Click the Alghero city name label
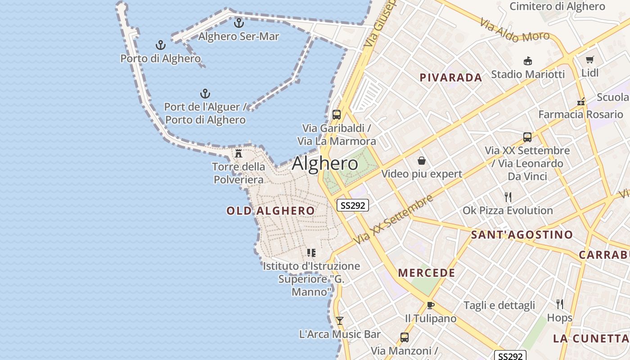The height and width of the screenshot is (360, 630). [325, 163]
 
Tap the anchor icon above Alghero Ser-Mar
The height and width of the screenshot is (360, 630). [239, 22]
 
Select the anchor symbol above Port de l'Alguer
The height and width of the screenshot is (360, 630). [205, 94]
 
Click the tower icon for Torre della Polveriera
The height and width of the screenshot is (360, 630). [238, 153]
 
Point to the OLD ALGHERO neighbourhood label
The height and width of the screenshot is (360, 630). [270, 211]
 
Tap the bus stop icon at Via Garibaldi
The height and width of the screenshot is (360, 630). [337, 114]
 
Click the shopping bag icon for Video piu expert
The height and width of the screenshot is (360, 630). [422, 161]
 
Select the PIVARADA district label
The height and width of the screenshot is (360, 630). [451, 77]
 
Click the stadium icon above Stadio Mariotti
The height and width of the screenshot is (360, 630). [527, 61]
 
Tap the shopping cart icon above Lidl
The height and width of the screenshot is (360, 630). [590, 59]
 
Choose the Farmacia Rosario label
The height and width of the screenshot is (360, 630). [580, 114]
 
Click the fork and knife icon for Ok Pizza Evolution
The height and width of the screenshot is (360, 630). [508, 197]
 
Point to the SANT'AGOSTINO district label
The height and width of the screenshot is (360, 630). [522, 234]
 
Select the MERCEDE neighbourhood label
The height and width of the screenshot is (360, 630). [427, 273]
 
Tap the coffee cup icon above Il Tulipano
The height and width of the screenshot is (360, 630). [430, 306]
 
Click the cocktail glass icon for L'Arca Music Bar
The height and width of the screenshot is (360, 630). [340, 320]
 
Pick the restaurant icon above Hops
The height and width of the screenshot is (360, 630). [560, 304]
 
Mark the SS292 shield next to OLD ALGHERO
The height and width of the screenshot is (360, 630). [353, 205]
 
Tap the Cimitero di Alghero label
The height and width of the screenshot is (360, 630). [557, 6]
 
